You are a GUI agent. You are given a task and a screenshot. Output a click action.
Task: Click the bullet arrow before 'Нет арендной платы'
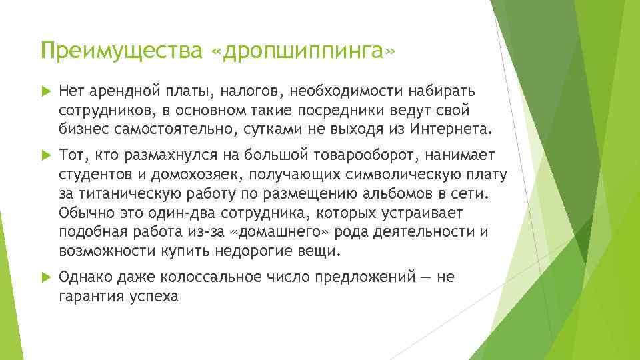(45, 90)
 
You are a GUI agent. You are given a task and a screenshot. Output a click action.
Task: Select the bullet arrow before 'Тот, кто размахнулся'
(45, 155)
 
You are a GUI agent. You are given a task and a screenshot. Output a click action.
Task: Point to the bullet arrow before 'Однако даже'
(45, 277)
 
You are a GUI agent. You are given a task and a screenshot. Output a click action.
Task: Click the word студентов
(93, 174)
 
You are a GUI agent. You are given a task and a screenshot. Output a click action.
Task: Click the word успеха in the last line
(155, 296)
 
